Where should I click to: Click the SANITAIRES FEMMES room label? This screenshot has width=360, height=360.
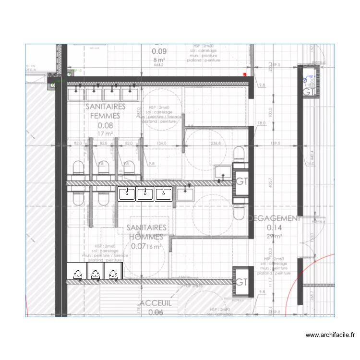click(105, 111)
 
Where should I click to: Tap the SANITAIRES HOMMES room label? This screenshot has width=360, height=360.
click(147, 232)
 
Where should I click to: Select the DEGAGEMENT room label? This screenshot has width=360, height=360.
click(275, 218)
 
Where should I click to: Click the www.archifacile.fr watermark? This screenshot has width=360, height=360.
click(330, 336)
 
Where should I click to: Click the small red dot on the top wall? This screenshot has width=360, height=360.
click(245, 75)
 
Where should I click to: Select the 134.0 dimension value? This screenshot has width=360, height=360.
click(162, 143)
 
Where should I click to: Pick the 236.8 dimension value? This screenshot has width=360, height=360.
click(216, 143)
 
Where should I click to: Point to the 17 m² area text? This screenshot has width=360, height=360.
click(105, 133)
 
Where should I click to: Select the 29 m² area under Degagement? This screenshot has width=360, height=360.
click(275, 236)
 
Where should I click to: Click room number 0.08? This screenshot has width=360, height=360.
click(105, 126)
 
